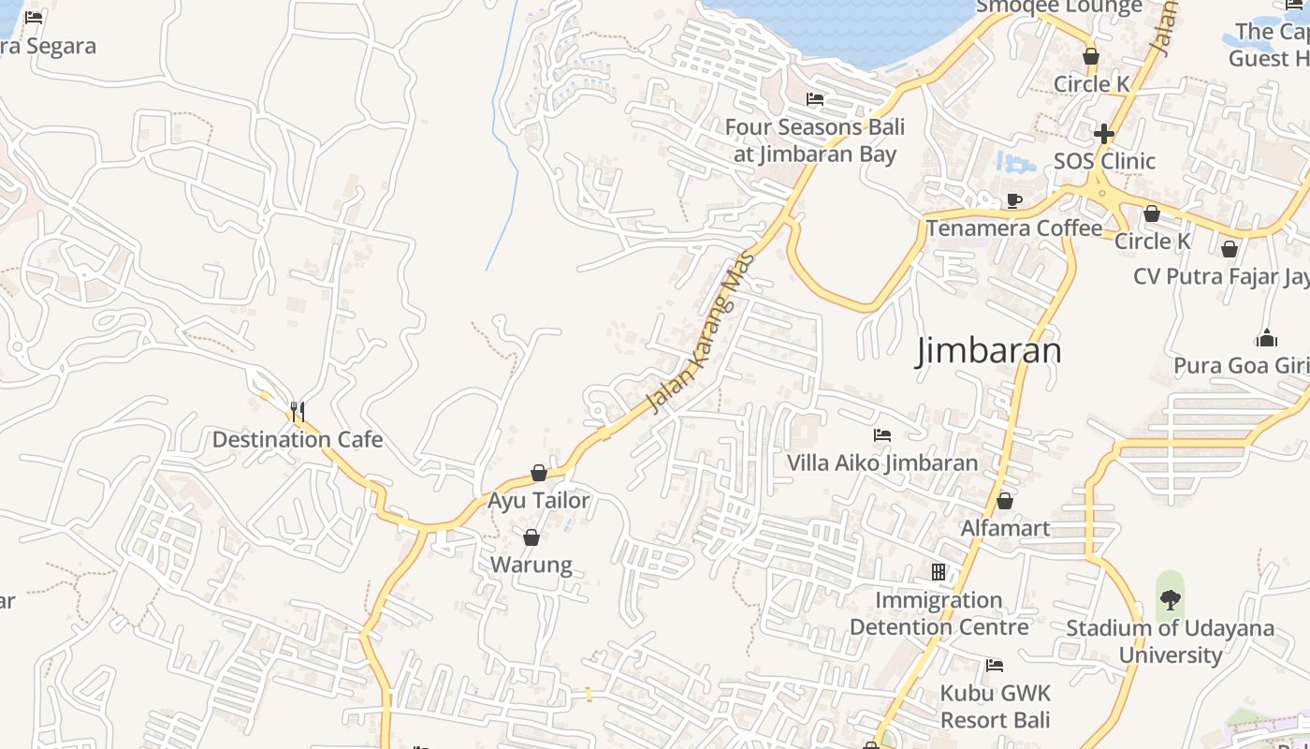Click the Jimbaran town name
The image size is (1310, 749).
pos(989,350)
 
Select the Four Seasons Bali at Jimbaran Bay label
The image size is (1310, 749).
pos(815,140)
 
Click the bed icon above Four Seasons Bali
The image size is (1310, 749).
pos(815,98)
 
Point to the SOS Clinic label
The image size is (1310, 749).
pos(1104,161)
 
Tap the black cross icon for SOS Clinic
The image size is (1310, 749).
pos(1104,134)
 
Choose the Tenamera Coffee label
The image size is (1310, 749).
pos(1014,228)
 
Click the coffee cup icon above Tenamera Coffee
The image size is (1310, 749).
pos(1013,200)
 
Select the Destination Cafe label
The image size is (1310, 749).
pos(298,439)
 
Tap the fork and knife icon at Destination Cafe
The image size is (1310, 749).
pos(298,411)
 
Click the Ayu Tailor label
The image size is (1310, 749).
pos(539,501)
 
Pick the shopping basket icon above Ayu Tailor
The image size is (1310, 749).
pos(539,473)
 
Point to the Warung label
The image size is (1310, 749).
pos(531,565)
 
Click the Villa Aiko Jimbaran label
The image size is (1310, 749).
pos(882,463)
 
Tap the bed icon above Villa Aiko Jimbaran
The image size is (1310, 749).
pos(882,435)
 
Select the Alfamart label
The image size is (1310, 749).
pos(1005,528)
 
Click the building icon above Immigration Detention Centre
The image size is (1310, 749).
pos(939,572)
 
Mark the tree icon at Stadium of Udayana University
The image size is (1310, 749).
pos(1170,599)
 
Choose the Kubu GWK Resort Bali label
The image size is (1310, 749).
pos(996,707)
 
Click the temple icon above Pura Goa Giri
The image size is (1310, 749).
pos(1266,338)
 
